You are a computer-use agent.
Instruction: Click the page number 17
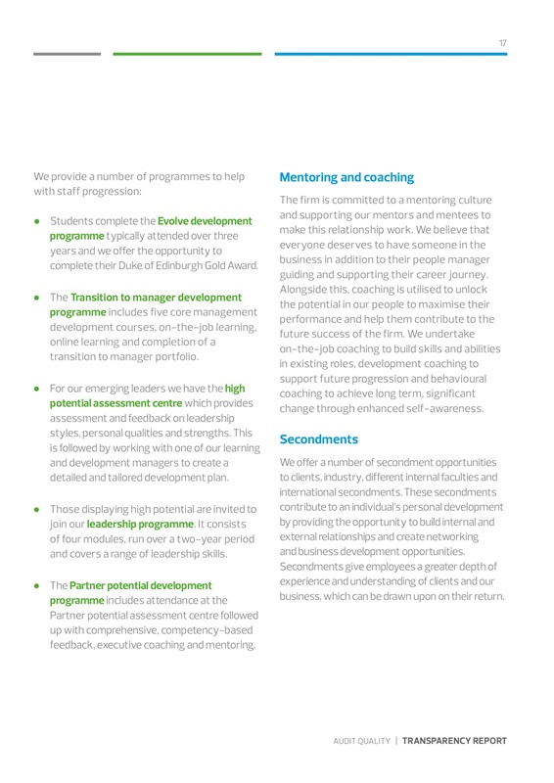pos(502,43)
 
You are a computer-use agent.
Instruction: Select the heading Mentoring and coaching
pos(346,177)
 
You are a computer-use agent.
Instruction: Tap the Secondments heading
pos(319,439)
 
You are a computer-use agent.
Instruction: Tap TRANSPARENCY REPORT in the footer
pos(455,742)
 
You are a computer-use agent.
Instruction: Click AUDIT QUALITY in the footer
pos(360,742)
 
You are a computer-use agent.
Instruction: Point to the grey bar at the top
pos(67,54)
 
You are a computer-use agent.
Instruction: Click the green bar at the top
pos(187,54)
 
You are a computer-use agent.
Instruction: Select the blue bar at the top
pos(392,54)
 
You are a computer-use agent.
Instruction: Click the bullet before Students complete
pos(37,222)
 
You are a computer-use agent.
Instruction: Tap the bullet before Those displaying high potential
pos(37,509)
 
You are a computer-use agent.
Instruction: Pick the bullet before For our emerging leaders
pos(37,389)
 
